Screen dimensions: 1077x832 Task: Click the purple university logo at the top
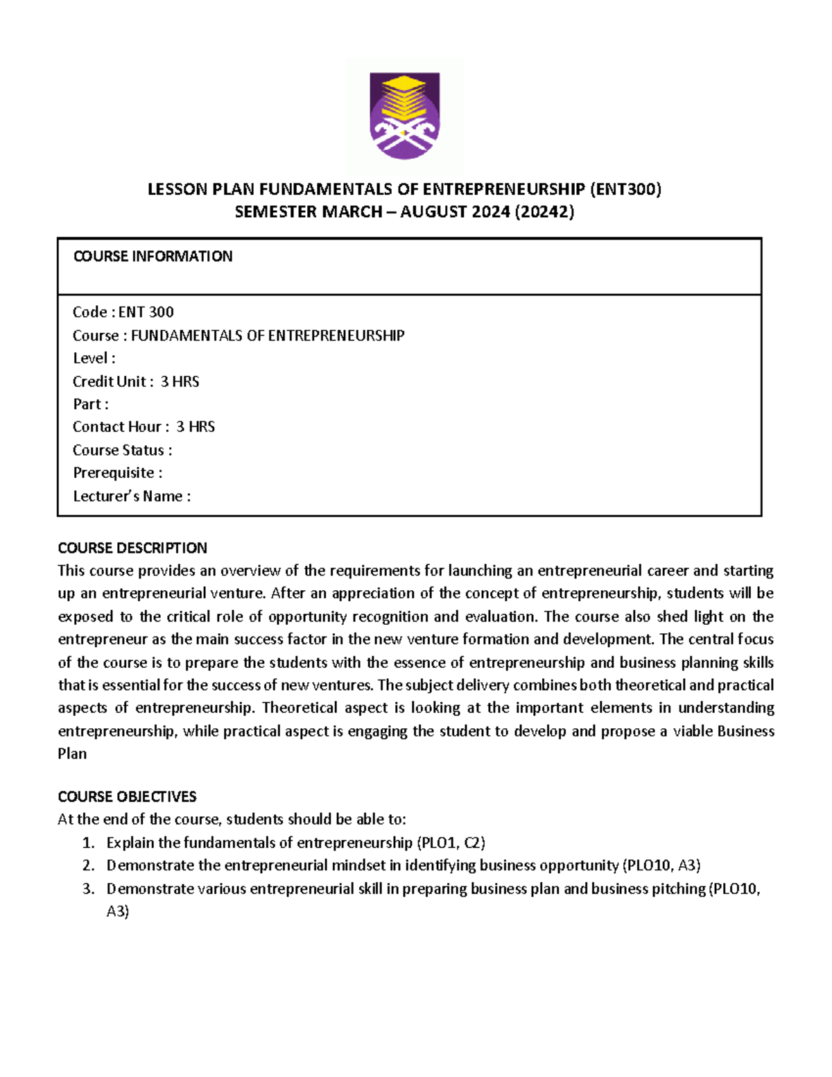tap(404, 115)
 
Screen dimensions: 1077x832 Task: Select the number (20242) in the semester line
tap(544, 212)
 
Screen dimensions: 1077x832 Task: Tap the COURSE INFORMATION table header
tap(153, 257)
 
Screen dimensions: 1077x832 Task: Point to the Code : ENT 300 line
tap(123, 312)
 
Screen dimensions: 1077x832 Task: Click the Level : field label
tap(94, 359)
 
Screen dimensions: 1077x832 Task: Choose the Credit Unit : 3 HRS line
tap(136, 381)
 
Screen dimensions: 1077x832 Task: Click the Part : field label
tap(91, 404)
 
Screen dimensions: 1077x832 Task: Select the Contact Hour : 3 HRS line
tap(144, 427)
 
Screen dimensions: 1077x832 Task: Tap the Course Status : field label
tap(123, 450)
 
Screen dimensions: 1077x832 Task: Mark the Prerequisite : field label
tap(118, 473)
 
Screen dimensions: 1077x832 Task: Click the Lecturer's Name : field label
tap(132, 497)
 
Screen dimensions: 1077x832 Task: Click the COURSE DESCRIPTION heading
tap(132, 548)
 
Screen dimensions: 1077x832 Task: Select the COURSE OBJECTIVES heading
tap(127, 796)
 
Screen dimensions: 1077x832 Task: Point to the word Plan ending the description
tap(72, 754)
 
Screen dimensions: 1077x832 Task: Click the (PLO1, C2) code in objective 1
tap(451, 843)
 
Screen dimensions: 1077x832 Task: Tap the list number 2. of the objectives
tap(88, 865)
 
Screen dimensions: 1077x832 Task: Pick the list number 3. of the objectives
tap(88, 889)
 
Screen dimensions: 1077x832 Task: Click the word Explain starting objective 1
tap(130, 843)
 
